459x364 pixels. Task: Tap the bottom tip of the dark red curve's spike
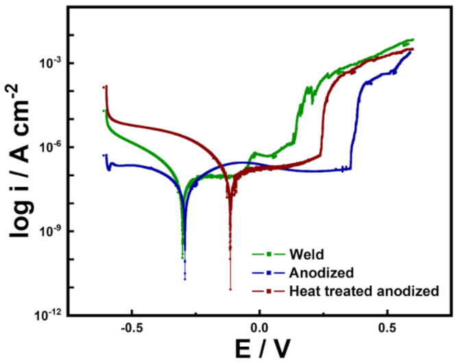(x=230, y=289)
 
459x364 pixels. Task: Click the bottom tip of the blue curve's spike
(x=185, y=279)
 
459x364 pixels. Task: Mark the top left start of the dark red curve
(x=104, y=87)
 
